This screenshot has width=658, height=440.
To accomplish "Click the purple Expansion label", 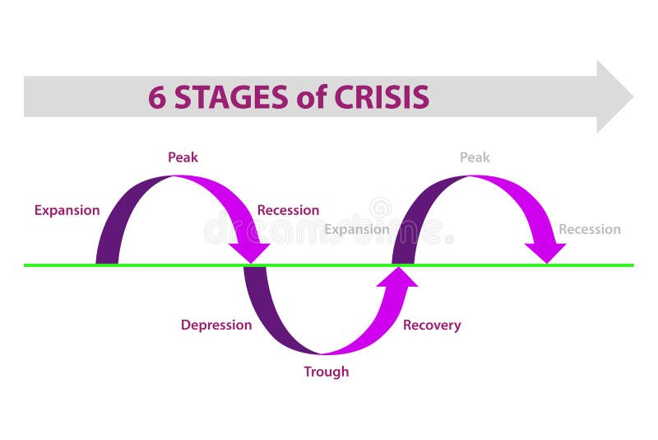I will point(67,210).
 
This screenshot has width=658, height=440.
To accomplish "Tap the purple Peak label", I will point(183,157).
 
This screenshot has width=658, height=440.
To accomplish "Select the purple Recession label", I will point(288,210).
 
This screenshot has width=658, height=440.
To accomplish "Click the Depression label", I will point(216,325).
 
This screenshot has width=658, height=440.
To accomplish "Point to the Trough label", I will point(326,372).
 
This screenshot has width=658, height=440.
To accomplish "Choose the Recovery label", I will point(432,325).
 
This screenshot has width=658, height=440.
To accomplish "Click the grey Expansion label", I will point(356,229).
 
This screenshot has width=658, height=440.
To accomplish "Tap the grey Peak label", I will point(475,157).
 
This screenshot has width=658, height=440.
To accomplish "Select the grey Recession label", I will point(590,229).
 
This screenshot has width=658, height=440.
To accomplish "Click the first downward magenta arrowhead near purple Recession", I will point(249,250).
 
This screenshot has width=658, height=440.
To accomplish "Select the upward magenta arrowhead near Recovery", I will point(396,279).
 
